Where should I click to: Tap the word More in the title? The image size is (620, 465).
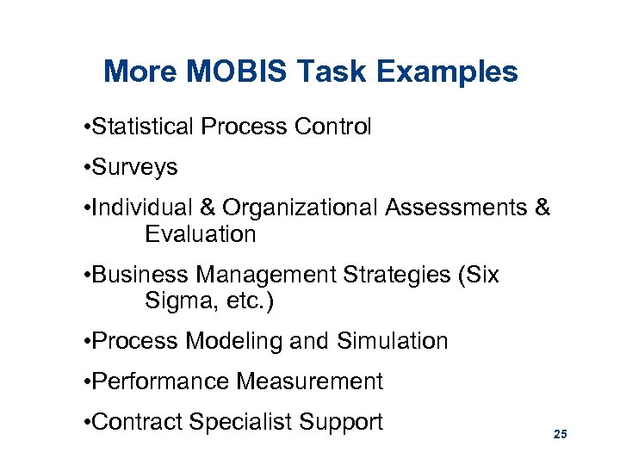[134, 71]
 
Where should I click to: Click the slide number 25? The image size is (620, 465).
[560, 435]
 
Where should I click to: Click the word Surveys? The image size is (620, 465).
[134, 167]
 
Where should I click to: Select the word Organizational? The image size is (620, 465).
[301, 208]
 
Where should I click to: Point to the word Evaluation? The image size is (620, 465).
[200, 234]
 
